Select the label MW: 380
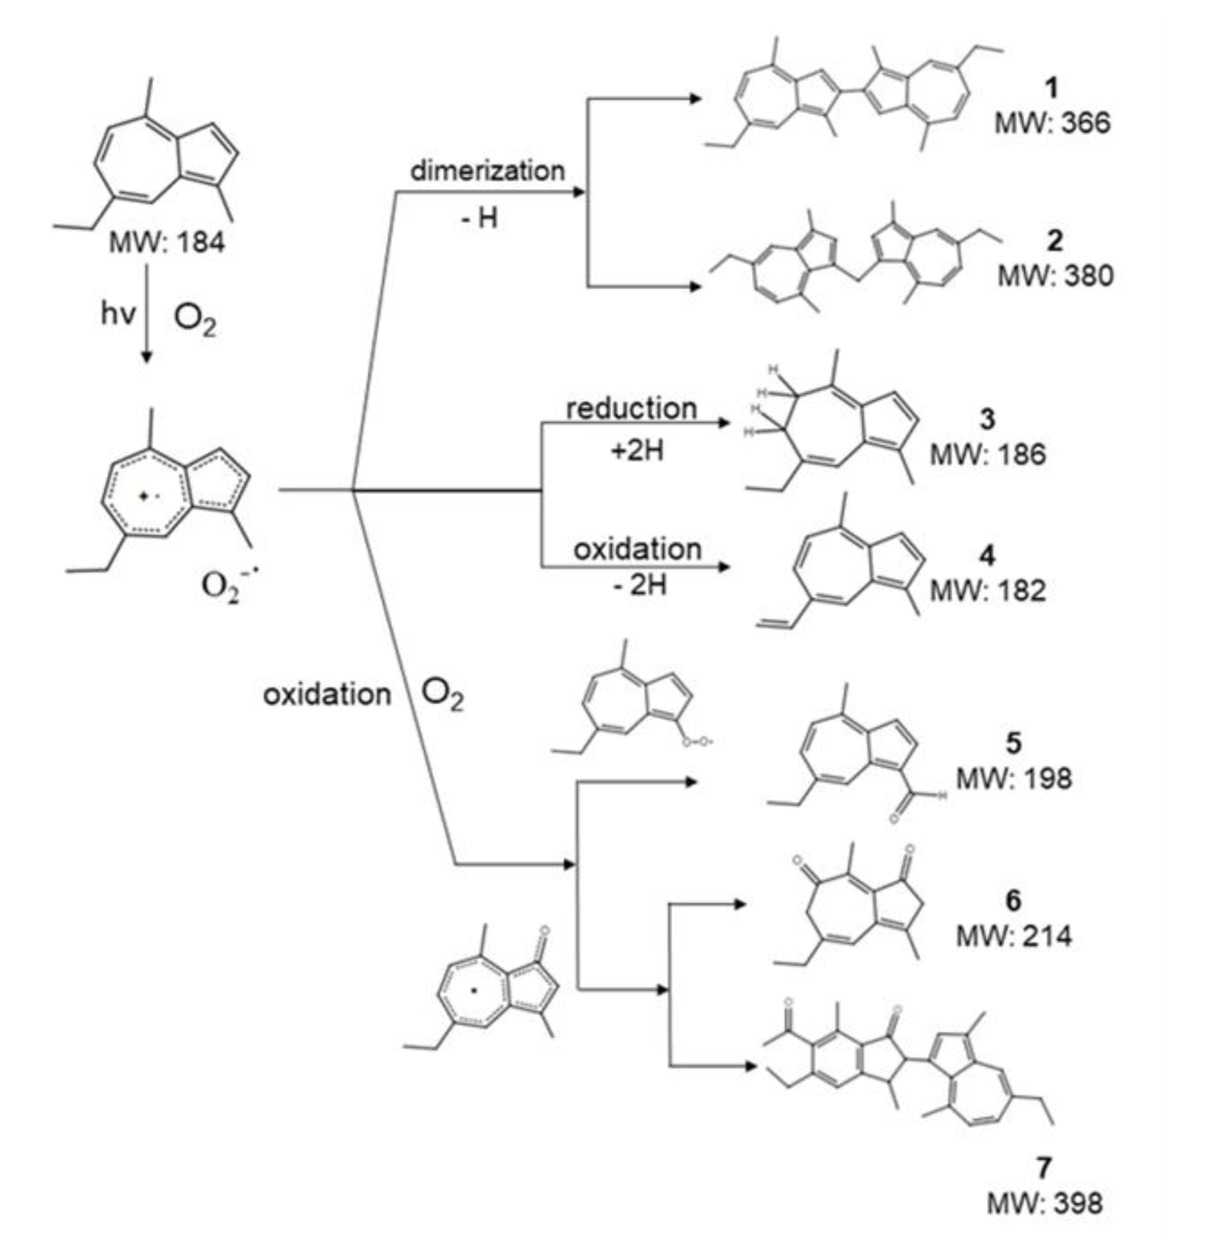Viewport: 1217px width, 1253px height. click(x=1055, y=276)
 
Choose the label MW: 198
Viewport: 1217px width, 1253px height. click(x=1014, y=779)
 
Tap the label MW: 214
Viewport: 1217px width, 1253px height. click(x=1014, y=937)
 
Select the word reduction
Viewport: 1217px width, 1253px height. click(x=632, y=409)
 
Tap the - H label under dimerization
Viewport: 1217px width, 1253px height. click(x=479, y=219)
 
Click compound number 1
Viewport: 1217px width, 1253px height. click(x=1052, y=89)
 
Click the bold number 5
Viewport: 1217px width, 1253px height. click(x=1014, y=744)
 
